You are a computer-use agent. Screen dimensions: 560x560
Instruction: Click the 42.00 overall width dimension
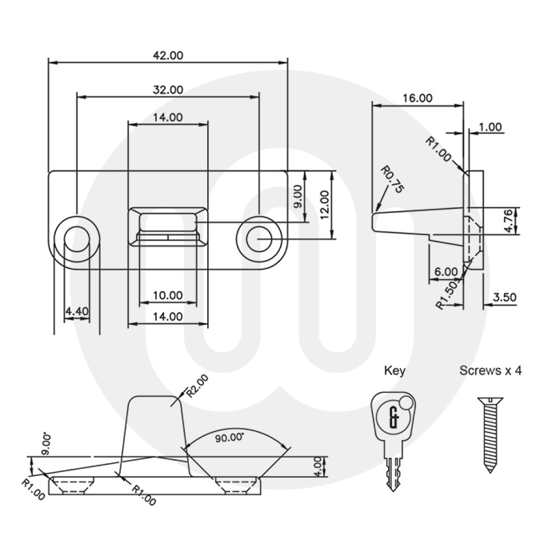[x=168, y=55]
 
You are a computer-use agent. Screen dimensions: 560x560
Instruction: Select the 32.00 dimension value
[x=168, y=90]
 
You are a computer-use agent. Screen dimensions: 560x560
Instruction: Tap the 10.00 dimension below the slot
[x=168, y=295]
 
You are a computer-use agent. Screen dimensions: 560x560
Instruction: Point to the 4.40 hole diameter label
[x=77, y=311]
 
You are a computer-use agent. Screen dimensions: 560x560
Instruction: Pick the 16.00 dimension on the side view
[x=417, y=97]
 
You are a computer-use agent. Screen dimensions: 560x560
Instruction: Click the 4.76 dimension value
[x=508, y=221]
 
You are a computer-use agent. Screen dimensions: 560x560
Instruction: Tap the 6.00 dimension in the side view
[x=446, y=272]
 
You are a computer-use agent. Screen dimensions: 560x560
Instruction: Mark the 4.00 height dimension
[x=318, y=466]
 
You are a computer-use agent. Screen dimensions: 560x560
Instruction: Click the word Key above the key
[x=394, y=371]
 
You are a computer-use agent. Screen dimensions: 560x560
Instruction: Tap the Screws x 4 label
[x=490, y=371]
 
